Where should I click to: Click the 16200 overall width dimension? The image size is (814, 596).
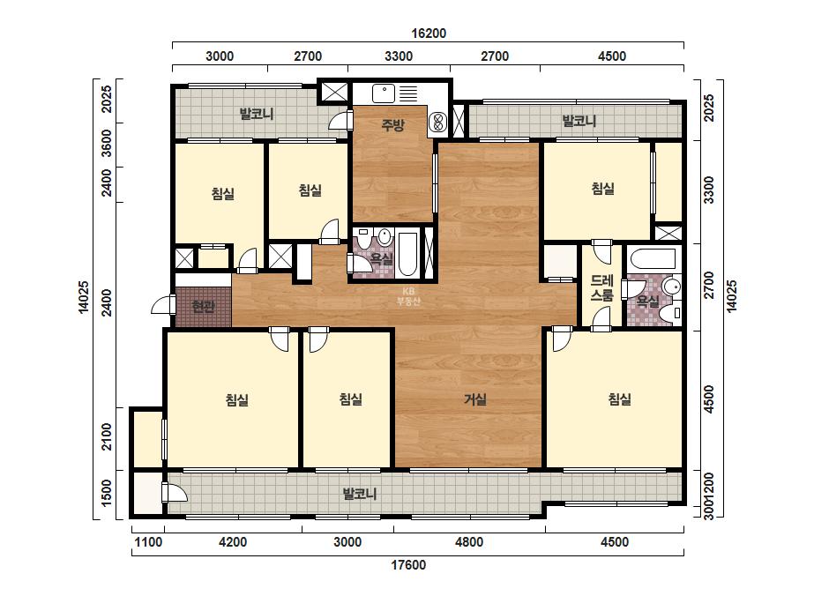429,34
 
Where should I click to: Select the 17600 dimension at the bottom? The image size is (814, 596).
408,565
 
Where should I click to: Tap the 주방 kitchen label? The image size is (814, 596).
392,124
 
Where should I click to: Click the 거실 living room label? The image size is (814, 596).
475,399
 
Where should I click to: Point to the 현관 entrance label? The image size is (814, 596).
203,307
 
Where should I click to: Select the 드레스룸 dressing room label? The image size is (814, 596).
602,288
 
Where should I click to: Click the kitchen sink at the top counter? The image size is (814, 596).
384,94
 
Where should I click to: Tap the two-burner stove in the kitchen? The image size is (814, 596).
438,123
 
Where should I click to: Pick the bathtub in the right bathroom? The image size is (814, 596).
652,258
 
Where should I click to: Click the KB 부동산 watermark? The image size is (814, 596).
408,296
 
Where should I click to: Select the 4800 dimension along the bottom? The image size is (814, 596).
469,542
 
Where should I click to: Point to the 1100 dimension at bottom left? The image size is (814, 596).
148,542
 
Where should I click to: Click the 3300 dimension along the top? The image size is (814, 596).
399,56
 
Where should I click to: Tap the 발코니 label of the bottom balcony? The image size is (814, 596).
360,494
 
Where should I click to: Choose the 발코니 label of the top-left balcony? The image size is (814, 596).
257,114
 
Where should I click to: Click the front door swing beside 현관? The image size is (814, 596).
163,305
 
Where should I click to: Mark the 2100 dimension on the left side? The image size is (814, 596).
107,436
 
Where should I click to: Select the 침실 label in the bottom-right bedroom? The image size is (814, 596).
619,399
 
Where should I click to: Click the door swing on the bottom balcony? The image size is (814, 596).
175,492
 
